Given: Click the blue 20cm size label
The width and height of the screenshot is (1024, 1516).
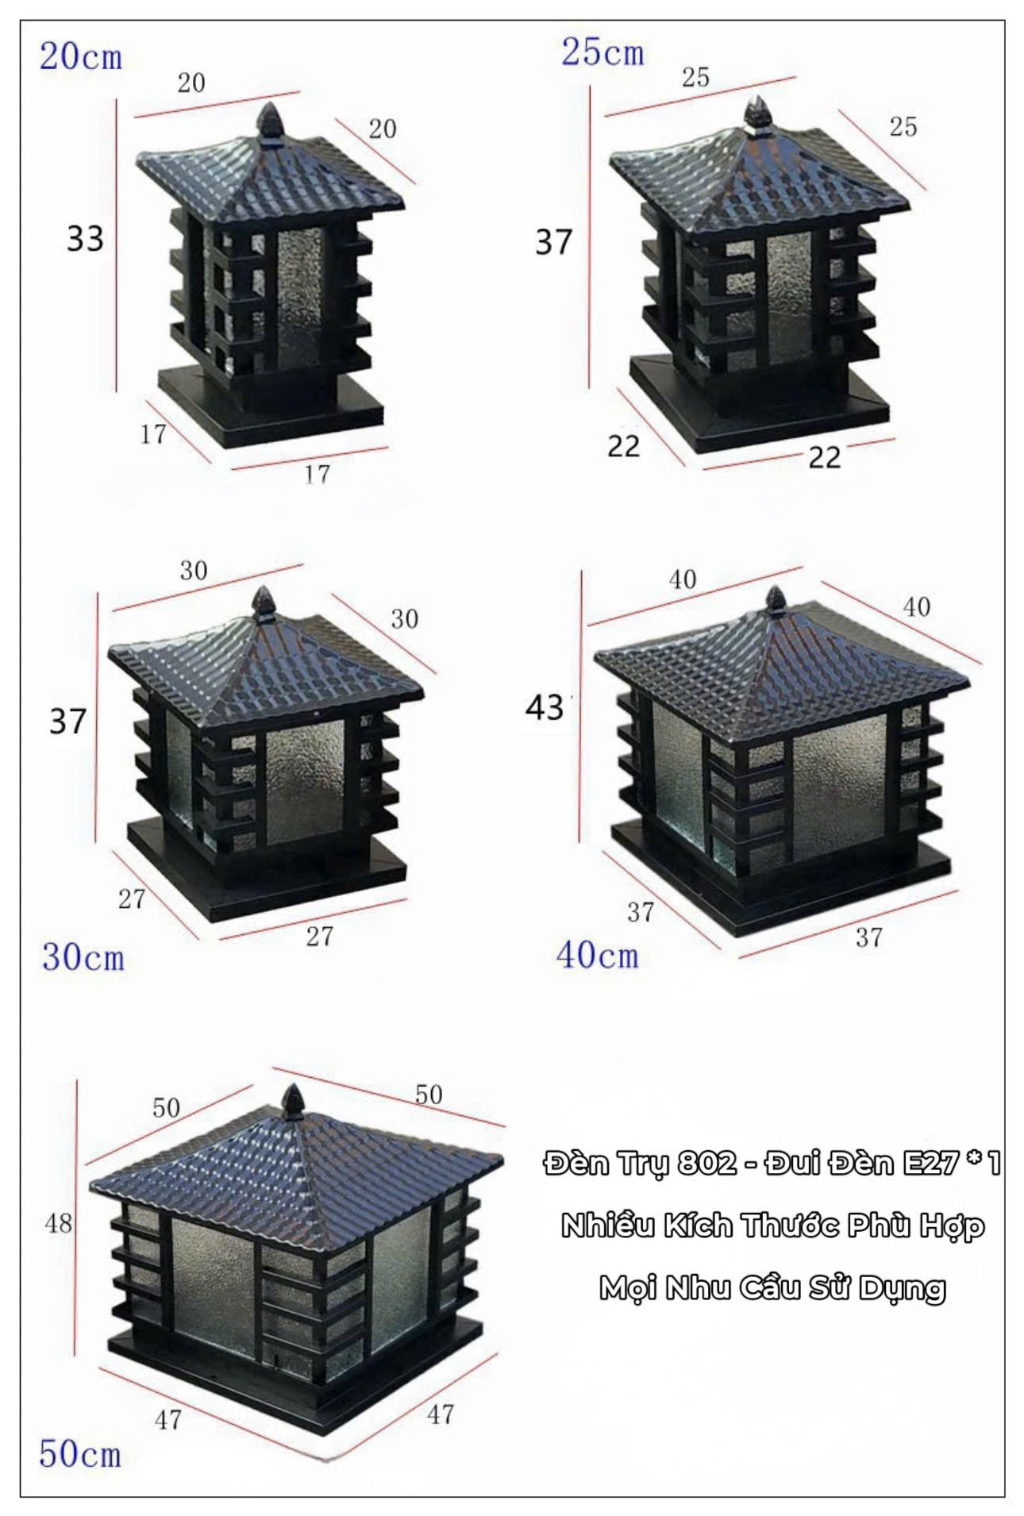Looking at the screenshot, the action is coord(81,57).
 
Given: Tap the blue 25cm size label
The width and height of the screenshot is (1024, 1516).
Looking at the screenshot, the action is coord(602,52).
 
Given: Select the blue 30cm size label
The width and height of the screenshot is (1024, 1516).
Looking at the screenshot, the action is coord(83,957).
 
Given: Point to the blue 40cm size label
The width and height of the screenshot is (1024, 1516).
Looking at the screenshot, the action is coord(597,954).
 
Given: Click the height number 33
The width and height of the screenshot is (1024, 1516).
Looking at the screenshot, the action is coord(85,238).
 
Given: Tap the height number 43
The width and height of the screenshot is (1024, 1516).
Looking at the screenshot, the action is coord(545,707).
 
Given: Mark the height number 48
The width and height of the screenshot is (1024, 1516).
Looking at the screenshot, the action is coord(59,1223).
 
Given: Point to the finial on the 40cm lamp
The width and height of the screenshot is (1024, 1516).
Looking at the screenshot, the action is coord(775,601).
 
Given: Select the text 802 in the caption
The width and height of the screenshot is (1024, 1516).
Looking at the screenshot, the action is coord(707,1164).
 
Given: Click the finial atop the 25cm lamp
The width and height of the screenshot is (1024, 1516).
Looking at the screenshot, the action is coord(757,114).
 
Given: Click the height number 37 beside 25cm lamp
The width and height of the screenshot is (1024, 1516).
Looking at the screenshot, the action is coord(553,241).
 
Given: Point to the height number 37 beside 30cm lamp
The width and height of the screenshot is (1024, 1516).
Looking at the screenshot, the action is coord(67,721).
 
